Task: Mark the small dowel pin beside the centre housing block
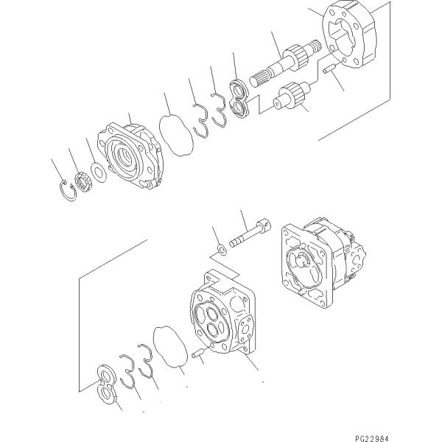point(198,355)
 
